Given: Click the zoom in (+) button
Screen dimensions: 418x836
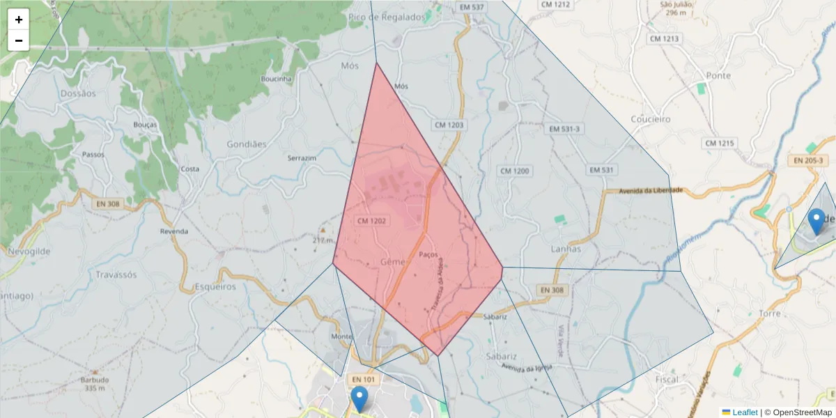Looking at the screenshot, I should [19, 20].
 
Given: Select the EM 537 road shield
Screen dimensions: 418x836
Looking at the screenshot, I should [472, 7].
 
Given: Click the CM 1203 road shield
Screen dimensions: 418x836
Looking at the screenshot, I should [449, 125].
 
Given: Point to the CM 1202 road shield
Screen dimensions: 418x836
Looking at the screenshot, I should [371, 221].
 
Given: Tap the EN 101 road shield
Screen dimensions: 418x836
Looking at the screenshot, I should [363, 379].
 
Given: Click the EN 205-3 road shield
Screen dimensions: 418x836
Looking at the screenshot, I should [808, 160].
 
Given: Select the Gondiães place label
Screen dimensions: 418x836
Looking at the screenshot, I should [247, 144].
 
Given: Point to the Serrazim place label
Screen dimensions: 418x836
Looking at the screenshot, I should [302, 158].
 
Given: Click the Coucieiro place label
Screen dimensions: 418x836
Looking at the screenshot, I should [650, 119].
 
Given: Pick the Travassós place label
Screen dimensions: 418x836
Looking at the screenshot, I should [116, 274].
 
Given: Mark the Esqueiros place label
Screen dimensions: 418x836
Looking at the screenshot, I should [215, 286].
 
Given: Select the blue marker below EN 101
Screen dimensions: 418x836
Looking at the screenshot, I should [359, 399].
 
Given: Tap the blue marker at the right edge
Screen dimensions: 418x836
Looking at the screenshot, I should [816, 222].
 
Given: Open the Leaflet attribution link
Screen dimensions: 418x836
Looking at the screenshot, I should [744, 412].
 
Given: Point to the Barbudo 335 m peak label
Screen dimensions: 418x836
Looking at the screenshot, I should [95, 384].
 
